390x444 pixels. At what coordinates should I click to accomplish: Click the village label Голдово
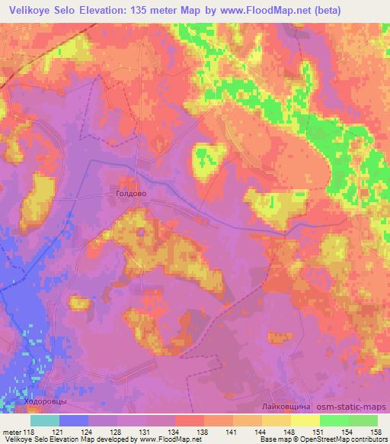click(130, 195)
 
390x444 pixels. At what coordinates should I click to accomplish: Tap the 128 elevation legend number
click(117, 430)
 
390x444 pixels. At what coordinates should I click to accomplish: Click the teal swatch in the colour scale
click(45, 420)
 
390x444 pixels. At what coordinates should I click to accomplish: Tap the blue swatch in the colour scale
click(73, 420)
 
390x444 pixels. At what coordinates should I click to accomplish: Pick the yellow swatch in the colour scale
click(305, 420)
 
